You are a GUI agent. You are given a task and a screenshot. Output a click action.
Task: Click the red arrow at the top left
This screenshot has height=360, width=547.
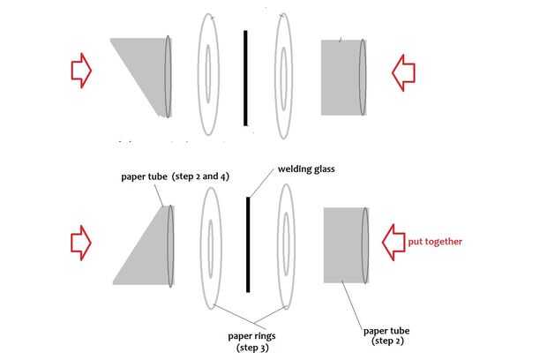80,70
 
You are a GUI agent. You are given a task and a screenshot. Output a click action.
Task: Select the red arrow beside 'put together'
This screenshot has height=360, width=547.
393,241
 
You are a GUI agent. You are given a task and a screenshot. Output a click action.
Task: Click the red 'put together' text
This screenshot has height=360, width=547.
435,241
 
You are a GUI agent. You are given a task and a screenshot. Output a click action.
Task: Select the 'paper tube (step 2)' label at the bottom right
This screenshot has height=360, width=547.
386,336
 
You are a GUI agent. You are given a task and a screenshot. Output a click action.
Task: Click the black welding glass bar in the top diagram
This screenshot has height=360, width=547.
245,77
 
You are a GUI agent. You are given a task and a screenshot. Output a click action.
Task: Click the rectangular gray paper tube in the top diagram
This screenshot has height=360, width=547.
342,77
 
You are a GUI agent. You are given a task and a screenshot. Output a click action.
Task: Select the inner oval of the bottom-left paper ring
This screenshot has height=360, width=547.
212,247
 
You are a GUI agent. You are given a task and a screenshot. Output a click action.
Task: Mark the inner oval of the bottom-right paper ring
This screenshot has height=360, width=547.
287,248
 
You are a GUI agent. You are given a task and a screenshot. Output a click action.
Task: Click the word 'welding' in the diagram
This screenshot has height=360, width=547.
295,169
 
